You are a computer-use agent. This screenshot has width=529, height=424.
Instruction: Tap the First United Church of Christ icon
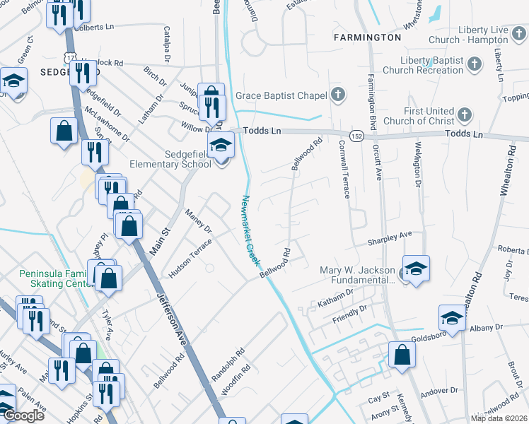pyautogui.click(x=465, y=114)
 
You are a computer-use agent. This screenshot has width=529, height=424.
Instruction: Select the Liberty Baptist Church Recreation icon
pyautogui.click(x=475, y=64)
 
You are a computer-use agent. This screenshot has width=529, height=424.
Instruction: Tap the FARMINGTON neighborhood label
pyautogui.click(x=368, y=37)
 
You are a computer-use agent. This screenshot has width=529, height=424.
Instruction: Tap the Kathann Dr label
pyautogui.click(x=335, y=297)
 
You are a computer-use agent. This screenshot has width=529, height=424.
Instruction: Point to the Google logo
pyautogui.click(x=23, y=416)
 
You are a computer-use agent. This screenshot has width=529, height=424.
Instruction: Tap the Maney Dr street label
pyautogui.click(x=198, y=221)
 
